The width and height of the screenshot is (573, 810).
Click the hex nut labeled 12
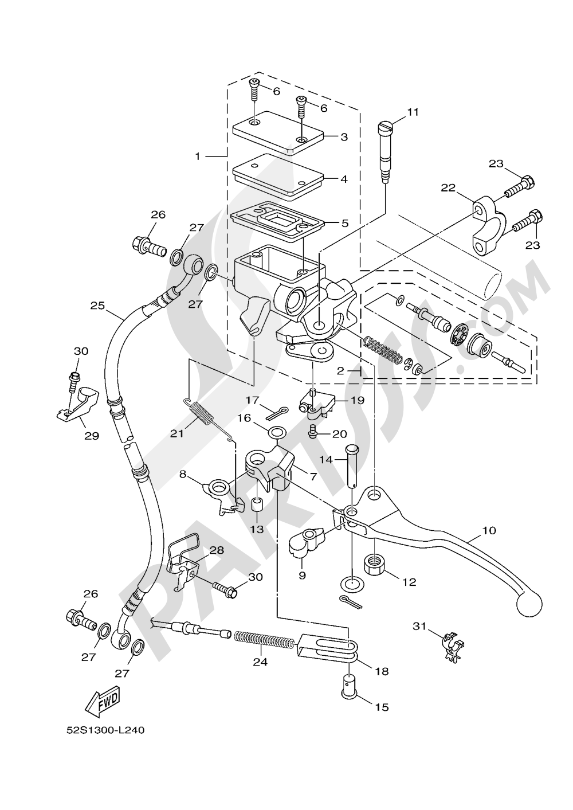point(374,564)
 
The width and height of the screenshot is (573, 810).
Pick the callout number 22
point(448,187)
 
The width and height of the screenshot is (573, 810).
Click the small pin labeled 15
point(347,686)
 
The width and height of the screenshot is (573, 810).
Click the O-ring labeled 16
point(276,431)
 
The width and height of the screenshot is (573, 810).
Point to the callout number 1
point(198,155)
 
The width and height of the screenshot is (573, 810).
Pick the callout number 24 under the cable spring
point(260,661)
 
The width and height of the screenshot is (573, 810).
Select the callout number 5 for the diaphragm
point(344,223)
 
